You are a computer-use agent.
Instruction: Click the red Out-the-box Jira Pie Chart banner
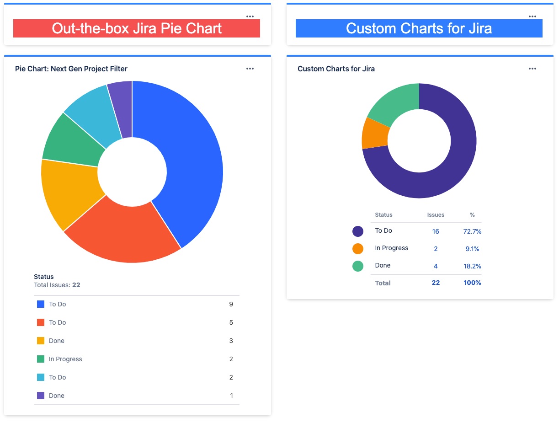pos(136,28)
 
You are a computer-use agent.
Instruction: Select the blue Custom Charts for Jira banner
pos(419,28)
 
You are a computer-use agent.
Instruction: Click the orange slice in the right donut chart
pos(375,134)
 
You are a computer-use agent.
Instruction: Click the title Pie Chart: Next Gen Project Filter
pos(71,69)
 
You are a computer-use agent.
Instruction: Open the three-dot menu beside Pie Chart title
pos(250,69)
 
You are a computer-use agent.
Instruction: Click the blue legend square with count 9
pos(41,304)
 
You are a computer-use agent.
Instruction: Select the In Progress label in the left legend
pos(65,359)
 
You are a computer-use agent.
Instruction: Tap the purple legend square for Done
pos(41,396)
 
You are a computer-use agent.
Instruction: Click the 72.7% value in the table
pos(472,231)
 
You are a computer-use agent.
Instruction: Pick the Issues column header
pos(436,214)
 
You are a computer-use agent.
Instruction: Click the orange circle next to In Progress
pos(358,249)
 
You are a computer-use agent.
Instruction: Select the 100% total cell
pos(472,283)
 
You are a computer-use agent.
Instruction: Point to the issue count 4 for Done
pos(436,266)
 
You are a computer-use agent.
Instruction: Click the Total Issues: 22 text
pos(57,285)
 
